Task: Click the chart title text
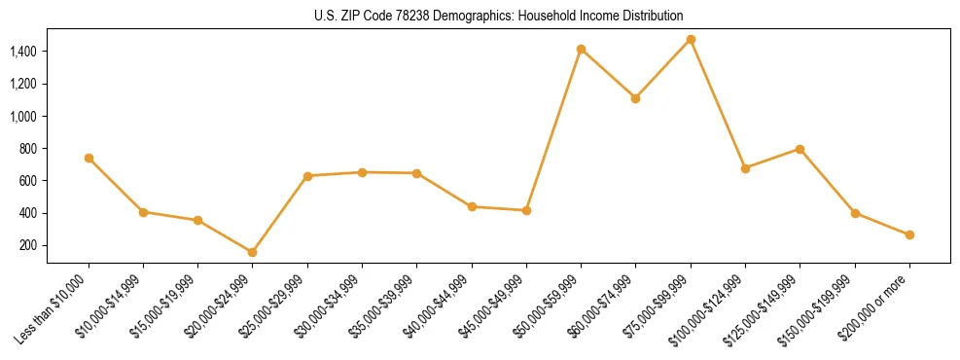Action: pos(499,17)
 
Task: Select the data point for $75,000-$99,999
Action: pos(691,40)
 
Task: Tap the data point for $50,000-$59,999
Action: pos(581,50)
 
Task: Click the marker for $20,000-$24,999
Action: pos(253,253)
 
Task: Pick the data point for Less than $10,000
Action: pos(89,158)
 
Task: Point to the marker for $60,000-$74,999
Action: pos(635,98)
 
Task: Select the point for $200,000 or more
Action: pos(909,235)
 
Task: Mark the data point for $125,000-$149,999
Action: pos(800,149)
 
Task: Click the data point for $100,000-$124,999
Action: pos(745,168)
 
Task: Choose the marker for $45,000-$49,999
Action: pos(526,210)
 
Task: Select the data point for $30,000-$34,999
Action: pos(362,172)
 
